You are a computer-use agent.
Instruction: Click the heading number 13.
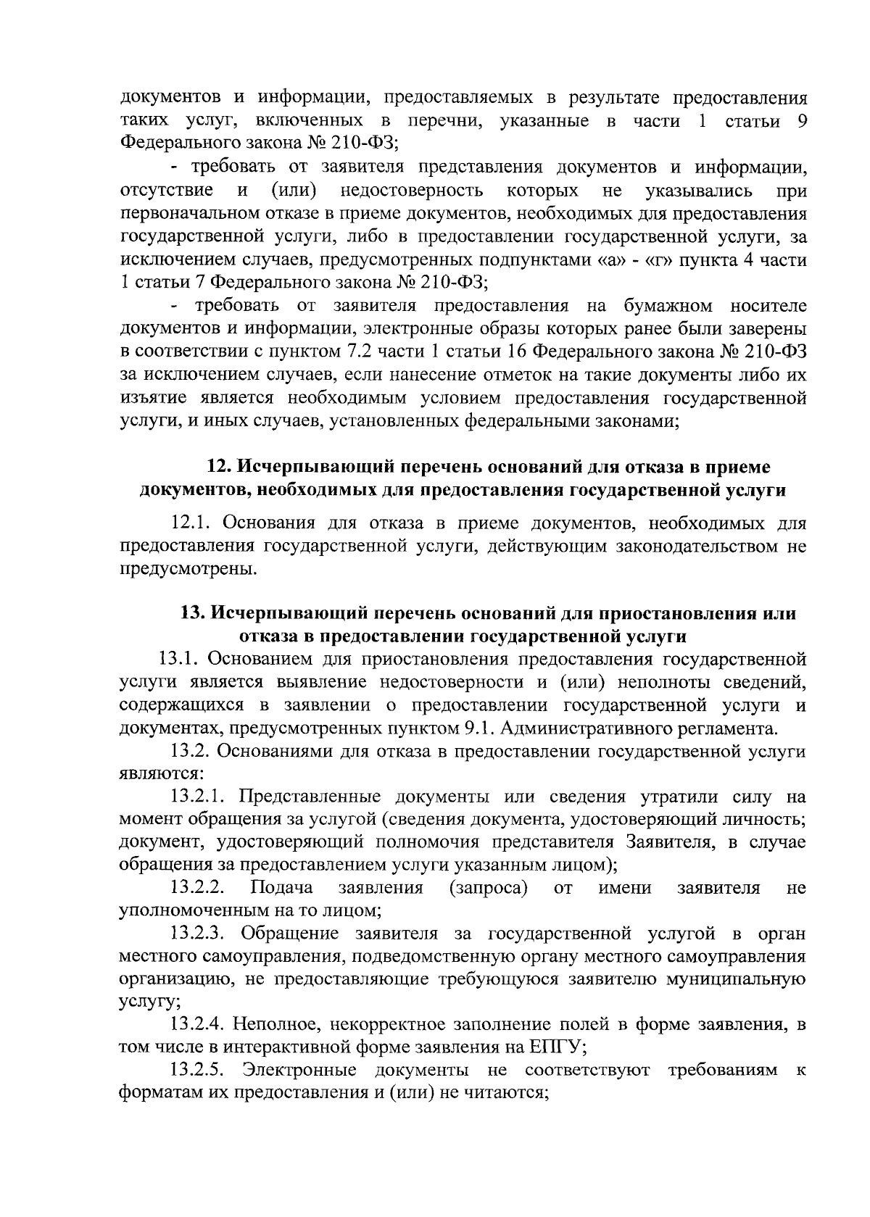point(192,613)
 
